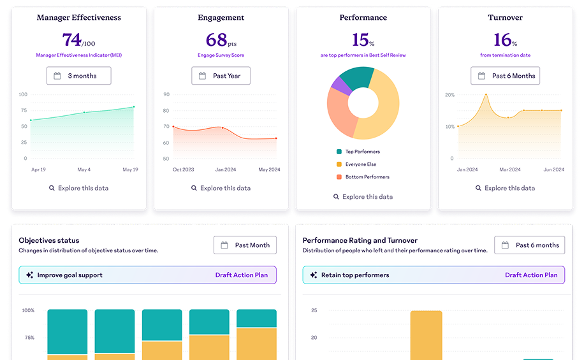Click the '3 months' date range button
click(78, 76)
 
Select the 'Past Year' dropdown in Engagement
click(221, 76)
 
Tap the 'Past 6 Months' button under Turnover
click(505, 76)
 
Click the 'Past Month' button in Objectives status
click(245, 245)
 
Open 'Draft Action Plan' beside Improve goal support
click(242, 275)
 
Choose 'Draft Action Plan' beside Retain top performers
click(531, 275)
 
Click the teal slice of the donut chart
click(361, 76)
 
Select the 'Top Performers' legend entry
click(362, 152)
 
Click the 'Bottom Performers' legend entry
click(367, 177)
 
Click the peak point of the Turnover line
click(486, 95)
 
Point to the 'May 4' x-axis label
click(84, 169)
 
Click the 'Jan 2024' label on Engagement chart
click(222, 169)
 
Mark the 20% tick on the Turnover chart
click(449, 95)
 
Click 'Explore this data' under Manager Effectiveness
click(78, 188)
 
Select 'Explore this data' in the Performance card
click(363, 197)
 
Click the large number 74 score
click(71, 40)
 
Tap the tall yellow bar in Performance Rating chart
click(426, 335)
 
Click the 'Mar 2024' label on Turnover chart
click(509, 169)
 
